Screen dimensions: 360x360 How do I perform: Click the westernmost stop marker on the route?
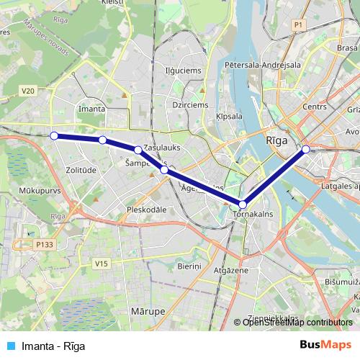click(54, 135)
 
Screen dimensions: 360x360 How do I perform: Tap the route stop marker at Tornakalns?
click(243, 204)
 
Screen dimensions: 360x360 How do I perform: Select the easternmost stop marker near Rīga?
click(306, 149)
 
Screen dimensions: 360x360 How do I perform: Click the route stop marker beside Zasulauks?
click(138, 150)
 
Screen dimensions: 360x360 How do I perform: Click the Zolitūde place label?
click(80, 170)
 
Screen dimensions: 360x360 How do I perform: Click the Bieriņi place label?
click(190, 266)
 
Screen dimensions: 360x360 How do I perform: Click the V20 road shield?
click(28, 91)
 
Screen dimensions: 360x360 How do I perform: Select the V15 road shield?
click(101, 264)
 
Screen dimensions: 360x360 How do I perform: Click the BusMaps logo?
click(325, 345)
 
